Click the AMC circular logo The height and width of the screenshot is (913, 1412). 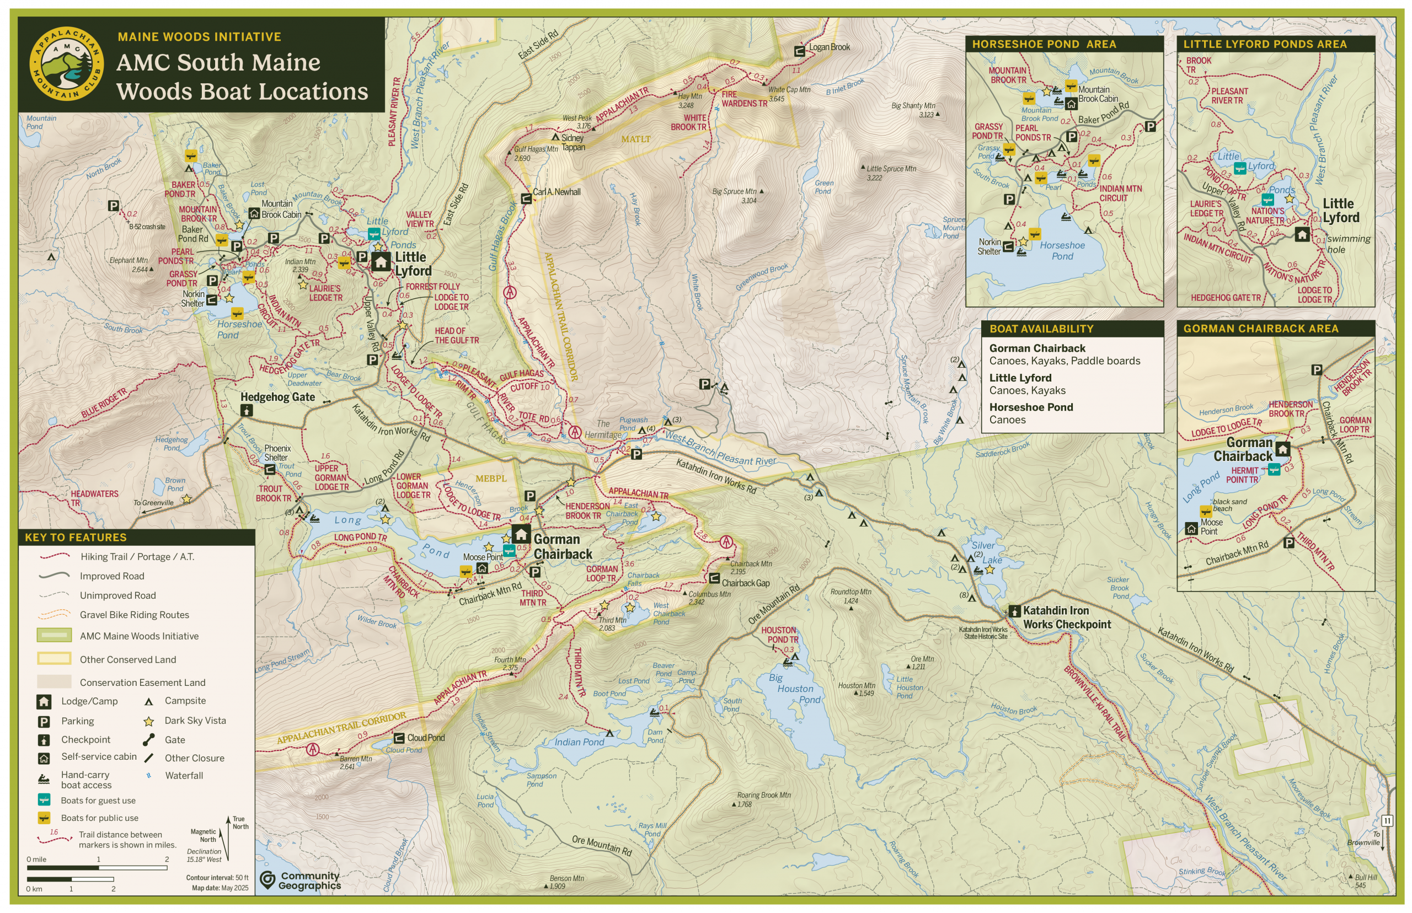click(66, 63)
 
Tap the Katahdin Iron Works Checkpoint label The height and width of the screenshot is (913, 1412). click(1066, 617)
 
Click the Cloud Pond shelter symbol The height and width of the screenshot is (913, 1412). click(399, 738)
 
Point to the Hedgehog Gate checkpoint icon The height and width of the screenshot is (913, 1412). click(247, 410)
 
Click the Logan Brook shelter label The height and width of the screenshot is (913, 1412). click(828, 47)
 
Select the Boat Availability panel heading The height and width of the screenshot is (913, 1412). click(1041, 329)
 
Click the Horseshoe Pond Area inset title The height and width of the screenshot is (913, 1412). click(1043, 45)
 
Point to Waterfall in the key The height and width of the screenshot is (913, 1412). click(184, 776)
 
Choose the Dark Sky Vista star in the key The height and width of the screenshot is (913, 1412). click(149, 722)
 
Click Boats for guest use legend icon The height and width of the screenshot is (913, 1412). click(44, 801)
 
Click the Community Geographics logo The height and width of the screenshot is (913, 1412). click(301, 880)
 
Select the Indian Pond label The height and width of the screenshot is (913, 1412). click(579, 742)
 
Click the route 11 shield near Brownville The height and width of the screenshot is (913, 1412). click(1387, 821)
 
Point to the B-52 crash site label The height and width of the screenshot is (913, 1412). click(147, 227)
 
